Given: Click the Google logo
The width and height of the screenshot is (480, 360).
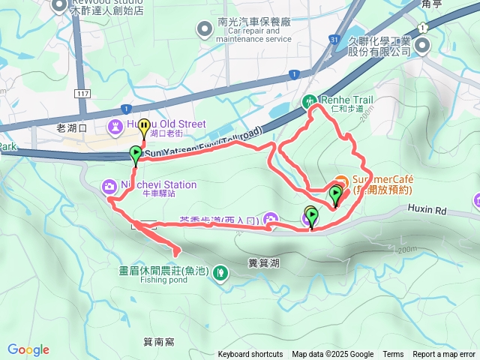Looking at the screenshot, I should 28,349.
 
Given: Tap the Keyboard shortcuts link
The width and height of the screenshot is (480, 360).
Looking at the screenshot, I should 250,355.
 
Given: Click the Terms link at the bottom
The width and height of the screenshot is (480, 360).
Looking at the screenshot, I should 393,355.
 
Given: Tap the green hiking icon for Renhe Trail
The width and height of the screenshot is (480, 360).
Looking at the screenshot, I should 308,100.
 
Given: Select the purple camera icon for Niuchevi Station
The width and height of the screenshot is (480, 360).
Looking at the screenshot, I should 109,184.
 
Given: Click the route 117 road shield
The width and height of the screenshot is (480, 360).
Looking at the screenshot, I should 82,92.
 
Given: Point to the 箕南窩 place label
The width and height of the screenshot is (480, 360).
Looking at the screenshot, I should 158,342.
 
